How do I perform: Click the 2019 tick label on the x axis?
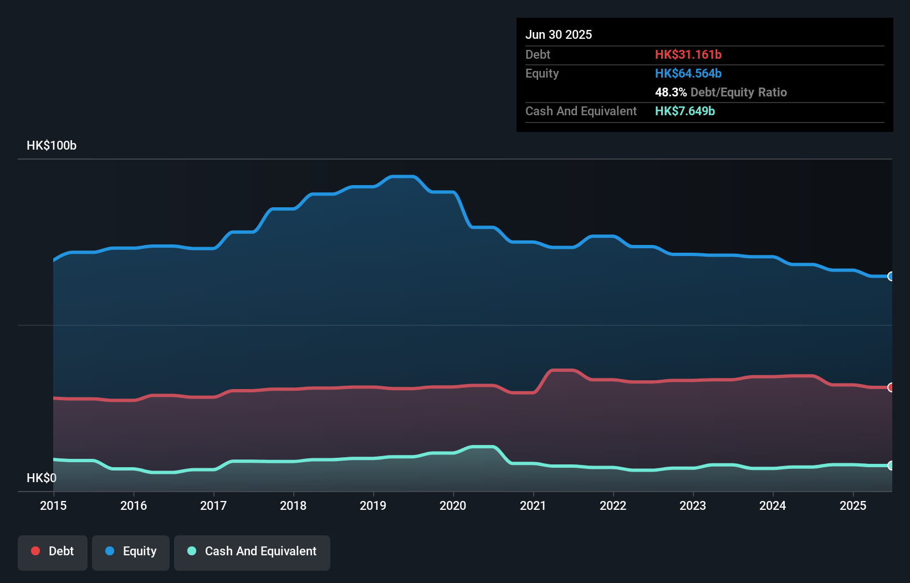coord(373,505)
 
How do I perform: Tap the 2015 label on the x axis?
coord(53,505)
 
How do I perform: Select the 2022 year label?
coord(613,505)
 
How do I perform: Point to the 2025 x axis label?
coord(853,505)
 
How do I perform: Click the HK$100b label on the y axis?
coord(52,145)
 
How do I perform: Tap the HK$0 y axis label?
coord(42,478)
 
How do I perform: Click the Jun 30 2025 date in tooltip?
coord(559,34)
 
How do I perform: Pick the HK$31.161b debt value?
coord(688,54)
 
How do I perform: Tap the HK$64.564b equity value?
coord(688,73)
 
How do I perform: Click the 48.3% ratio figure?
coord(671,92)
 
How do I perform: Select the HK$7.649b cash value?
coord(684,111)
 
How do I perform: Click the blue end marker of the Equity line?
coord(891,276)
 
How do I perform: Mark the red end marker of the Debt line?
coord(891,387)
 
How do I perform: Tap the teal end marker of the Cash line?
coord(891,466)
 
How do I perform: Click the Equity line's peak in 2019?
coord(403,177)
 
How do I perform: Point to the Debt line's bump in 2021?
coord(563,370)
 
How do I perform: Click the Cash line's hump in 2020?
coord(482,447)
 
